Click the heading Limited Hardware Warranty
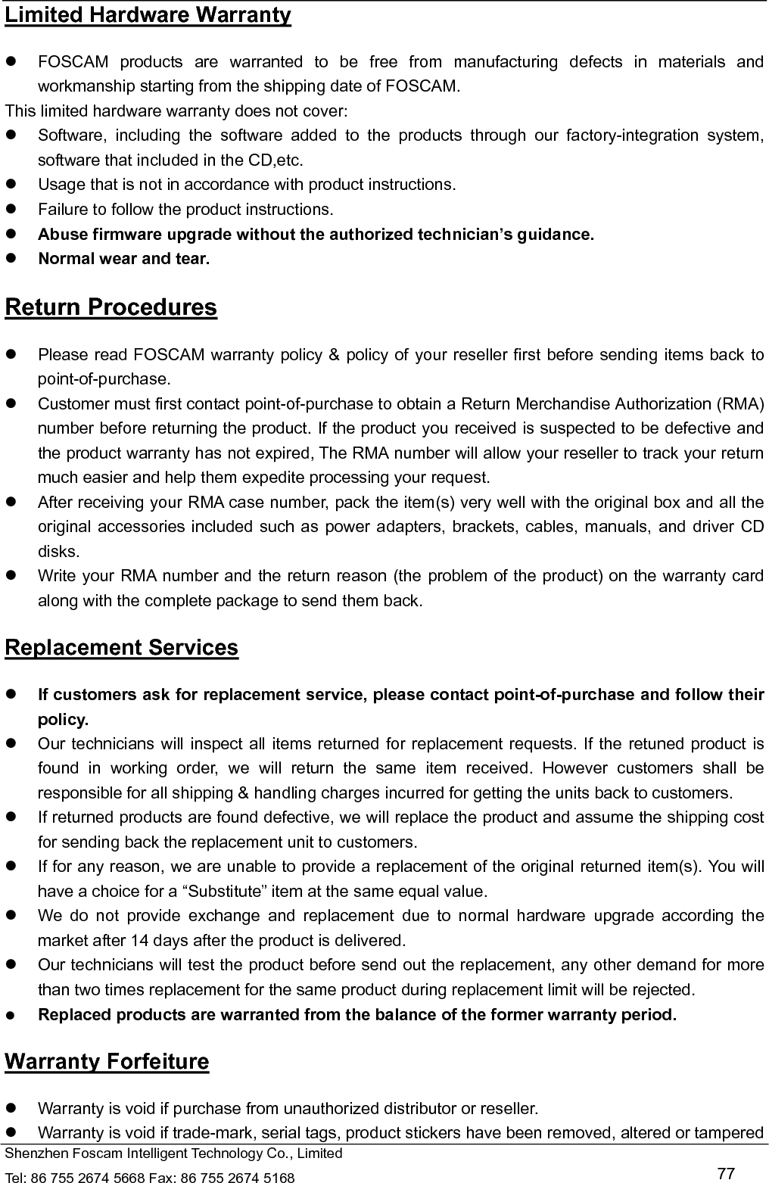pos(148,15)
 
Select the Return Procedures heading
pos(111,307)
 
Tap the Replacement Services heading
pos(121,648)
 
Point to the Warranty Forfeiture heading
pos(107,1061)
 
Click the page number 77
pos(725,1173)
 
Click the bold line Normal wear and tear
pos(124,259)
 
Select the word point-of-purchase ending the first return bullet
pos(104,378)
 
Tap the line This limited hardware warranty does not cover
pos(176,111)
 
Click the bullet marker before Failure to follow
pos(11,210)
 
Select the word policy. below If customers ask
pos(63,719)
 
